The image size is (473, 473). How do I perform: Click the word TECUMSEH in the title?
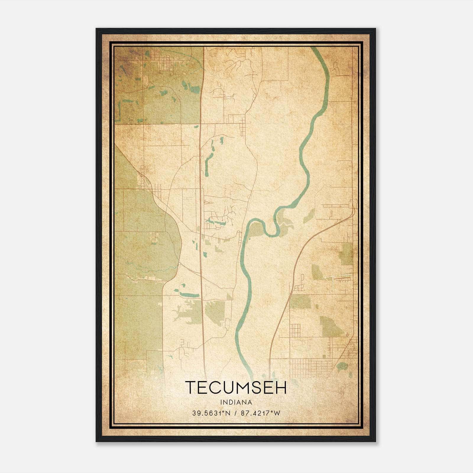coord(236,388)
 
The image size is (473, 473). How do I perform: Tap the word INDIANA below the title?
coord(236,402)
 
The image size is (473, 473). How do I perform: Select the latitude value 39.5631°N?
coord(211,413)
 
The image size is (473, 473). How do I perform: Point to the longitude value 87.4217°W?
coord(260,413)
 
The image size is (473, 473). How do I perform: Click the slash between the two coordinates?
coord(236,413)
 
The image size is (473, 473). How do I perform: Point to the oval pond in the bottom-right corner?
coord(342,367)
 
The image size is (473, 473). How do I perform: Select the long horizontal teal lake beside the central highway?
coord(189,294)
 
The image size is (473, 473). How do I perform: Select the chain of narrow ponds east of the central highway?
coord(209,160)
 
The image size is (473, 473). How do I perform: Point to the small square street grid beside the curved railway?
coord(295,331)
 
